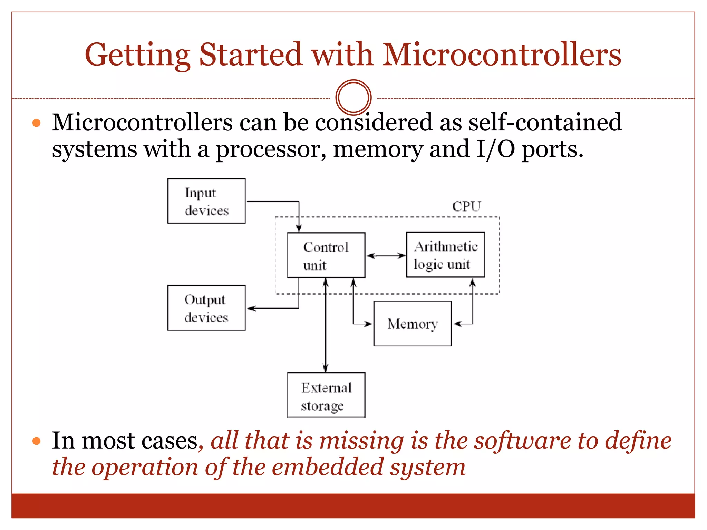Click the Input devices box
click(206, 201)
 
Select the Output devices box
click(206, 308)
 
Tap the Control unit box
click(326, 255)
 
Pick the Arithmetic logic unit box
click(445, 255)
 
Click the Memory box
click(413, 324)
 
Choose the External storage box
click(326, 395)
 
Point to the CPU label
click(466, 206)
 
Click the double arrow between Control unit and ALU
click(386, 256)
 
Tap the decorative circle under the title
click(353, 97)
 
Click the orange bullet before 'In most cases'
click(37, 441)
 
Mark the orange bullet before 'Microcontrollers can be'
click(37, 123)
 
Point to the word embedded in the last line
click(328, 467)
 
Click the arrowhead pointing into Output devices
click(251, 308)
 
